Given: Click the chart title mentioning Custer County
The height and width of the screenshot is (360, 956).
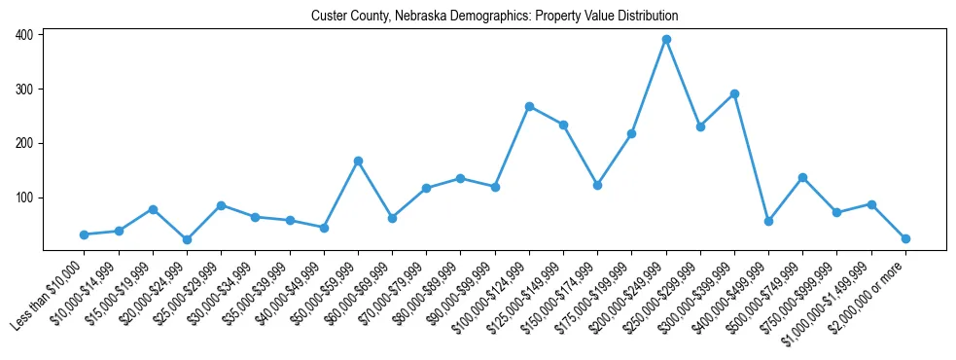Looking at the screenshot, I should click(x=494, y=17).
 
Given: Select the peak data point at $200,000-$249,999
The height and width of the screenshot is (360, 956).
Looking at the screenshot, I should click(x=666, y=40).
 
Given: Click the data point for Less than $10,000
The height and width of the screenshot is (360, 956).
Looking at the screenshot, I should click(x=85, y=234).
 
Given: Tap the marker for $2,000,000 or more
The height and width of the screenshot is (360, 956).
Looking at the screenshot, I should click(x=905, y=238).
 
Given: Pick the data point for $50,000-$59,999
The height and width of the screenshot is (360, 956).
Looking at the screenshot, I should click(x=358, y=161).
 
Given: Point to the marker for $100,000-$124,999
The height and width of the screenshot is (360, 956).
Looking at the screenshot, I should click(x=529, y=106).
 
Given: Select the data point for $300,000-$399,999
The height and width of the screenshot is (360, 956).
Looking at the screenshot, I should click(x=734, y=93).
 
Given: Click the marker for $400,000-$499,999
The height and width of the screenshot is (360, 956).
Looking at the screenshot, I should click(x=768, y=221).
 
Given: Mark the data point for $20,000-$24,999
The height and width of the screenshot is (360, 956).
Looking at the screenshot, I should click(x=187, y=239).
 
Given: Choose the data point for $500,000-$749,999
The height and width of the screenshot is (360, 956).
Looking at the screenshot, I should click(x=802, y=177).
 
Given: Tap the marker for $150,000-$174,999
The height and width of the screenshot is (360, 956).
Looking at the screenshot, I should click(x=597, y=185).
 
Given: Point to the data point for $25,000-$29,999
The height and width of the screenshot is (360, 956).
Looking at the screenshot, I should click(x=221, y=205).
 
